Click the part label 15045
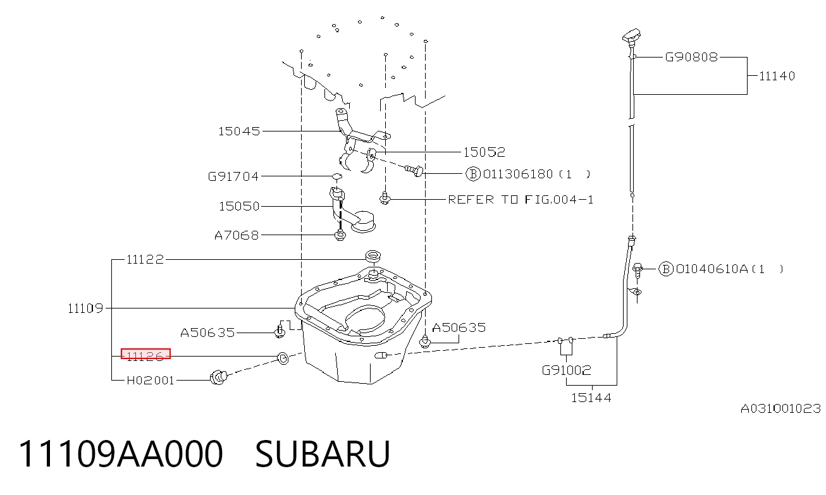tap(239, 131)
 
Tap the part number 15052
tap(484, 152)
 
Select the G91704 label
tap(233, 176)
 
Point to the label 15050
tap(239, 206)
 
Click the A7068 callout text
tap(237, 235)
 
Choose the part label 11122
tap(145, 259)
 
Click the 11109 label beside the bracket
tap(85, 308)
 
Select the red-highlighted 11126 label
tap(145, 354)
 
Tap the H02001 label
tap(150, 380)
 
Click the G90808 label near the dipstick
tap(691, 57)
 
